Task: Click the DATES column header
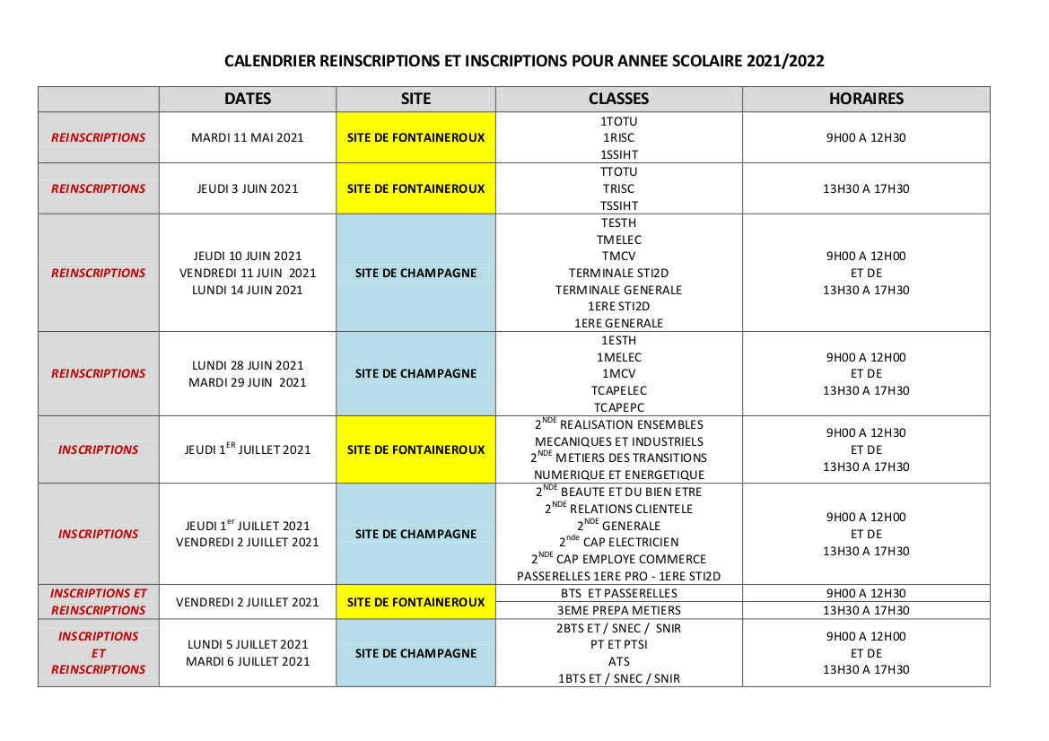click(248, 99)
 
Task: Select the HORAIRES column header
click(866, 99)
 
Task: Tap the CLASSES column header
click(618, 99)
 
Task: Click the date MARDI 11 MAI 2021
click(248, 137)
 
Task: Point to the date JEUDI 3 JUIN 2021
click(248, 188)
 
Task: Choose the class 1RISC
click(618, 137)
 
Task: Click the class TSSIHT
click(618, 205)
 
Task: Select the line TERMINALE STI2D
click(618, 273)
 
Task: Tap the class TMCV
click(618, 256)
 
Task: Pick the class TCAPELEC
click(618, 390)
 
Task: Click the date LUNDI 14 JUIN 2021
click(248, 290)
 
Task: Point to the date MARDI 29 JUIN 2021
click(248, 382)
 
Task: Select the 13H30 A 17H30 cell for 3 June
click(866, 188)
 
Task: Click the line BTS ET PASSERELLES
click(618, 593)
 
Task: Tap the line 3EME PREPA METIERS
click(618, 610)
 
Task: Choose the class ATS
click(618, 661)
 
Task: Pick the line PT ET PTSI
click(618, 644)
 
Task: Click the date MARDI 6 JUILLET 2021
click(248, 661)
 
